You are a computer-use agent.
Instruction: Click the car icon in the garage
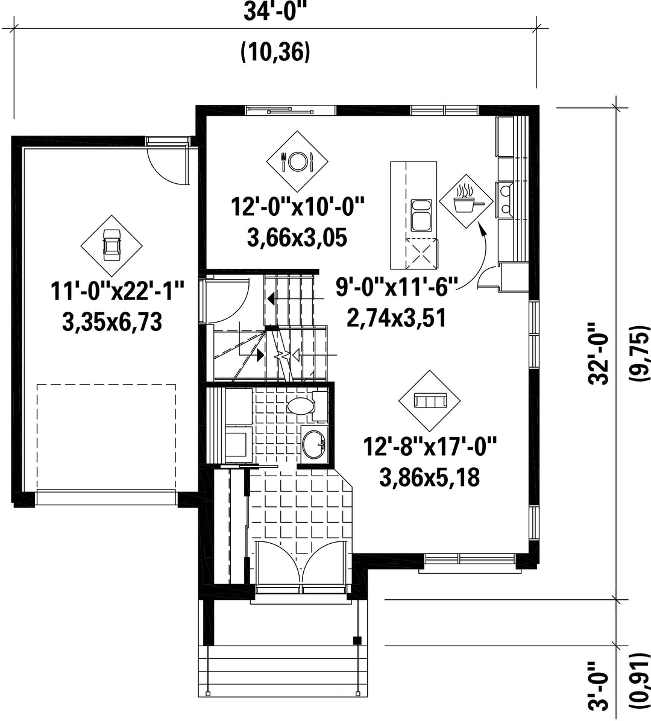[x=112, y=245]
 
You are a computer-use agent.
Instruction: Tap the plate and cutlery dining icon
[x=297, y=161]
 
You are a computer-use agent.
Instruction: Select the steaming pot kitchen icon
[x=466, y=201]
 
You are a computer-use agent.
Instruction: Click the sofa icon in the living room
[x=430, y=401]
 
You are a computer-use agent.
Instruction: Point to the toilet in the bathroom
[x=305, y=406]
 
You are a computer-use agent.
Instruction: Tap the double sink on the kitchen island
[x=421, y=215]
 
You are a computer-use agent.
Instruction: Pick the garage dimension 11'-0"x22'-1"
[x=117, y=291]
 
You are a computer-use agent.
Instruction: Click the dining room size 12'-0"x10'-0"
[x=297, y=206]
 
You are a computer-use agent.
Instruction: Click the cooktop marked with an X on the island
[x=421, y=253]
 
